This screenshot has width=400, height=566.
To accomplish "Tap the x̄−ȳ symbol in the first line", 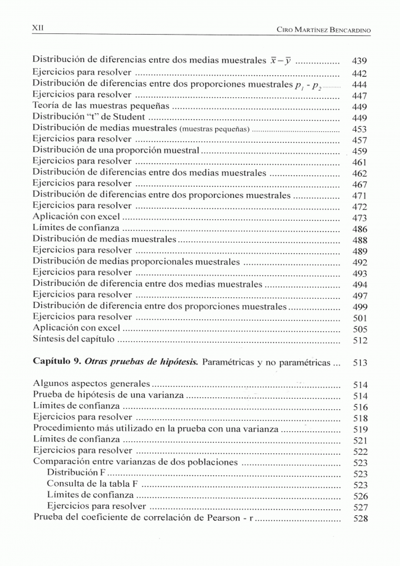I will pyautogui.click(x=280, y=60).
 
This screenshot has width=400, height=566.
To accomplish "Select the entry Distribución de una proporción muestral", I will pyautogui.click(x=116, y=151).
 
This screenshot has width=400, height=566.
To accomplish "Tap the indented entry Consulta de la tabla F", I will pyautogui.click(x=93, y=485).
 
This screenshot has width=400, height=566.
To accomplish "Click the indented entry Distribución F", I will pyautogui.click(x=81, y=473).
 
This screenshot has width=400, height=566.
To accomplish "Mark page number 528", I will pyautogui.click(x=359, y=519).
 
